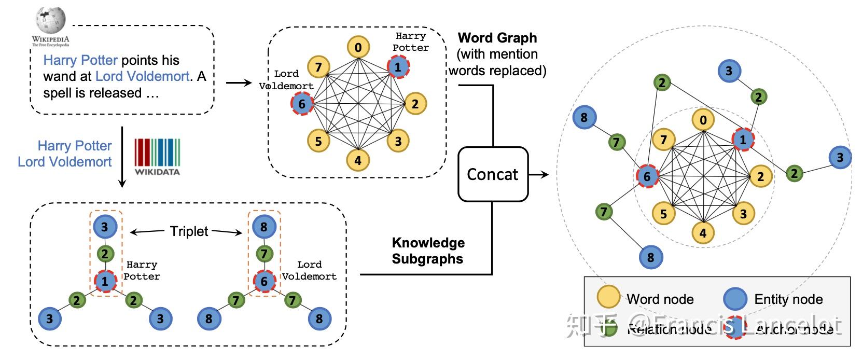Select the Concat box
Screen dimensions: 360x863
pos(492,174)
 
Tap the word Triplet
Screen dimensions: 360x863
pos(189,231)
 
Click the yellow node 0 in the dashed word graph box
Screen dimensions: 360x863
pos(358,48)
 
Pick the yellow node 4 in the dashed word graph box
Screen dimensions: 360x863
pos(357,160)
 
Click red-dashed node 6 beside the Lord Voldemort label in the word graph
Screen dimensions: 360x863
pos(302,104)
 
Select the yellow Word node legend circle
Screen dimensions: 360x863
pos(608,297)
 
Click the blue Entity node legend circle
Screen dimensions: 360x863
pos(735,298)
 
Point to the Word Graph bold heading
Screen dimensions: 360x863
pos(497,38)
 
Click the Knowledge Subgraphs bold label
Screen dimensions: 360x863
pos(428,251)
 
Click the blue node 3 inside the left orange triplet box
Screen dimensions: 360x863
pos(105,227)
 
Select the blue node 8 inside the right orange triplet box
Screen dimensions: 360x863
pos(264,227)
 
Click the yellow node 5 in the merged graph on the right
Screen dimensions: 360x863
pos(663,214)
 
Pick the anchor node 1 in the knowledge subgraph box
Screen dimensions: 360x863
pos(105,281)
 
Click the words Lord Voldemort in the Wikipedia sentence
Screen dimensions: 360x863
pos(142,76)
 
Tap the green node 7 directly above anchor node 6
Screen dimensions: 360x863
pos(264,254)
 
